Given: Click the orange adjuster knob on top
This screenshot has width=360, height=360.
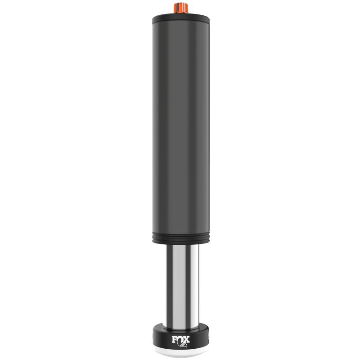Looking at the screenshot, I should coord(180,7).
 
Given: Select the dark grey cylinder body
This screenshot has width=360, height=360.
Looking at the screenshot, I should coord(180,126).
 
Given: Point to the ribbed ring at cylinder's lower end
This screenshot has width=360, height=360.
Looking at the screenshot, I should coord(180,237).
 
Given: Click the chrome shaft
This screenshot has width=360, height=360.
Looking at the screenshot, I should coord(180,283).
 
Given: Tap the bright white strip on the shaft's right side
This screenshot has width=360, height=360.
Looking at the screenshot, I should coord(191,283).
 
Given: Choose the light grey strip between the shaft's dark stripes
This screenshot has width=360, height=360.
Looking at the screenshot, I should coord(175,283).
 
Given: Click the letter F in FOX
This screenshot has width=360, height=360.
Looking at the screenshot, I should coord(173,338).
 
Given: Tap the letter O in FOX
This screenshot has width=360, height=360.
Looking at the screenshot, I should coord(180,338).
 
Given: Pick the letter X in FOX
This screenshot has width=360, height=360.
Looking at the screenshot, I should coord(186,338).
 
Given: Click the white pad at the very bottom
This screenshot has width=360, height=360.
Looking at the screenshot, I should coord(180,354).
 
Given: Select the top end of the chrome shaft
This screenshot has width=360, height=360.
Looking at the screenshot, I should coord(180,247).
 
